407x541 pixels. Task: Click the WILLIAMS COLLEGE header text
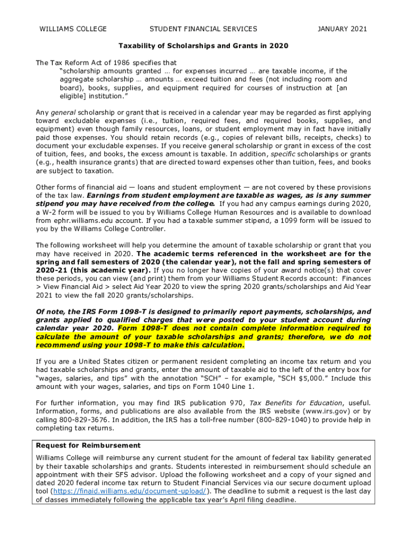(73, 29)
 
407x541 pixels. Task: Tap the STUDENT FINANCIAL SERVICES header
(203, 29)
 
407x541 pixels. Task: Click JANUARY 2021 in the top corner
(342, 29)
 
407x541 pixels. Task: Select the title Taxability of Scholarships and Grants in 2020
(203, 46)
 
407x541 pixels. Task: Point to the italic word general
(63, 113)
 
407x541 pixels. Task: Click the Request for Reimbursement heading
(88, 445)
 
